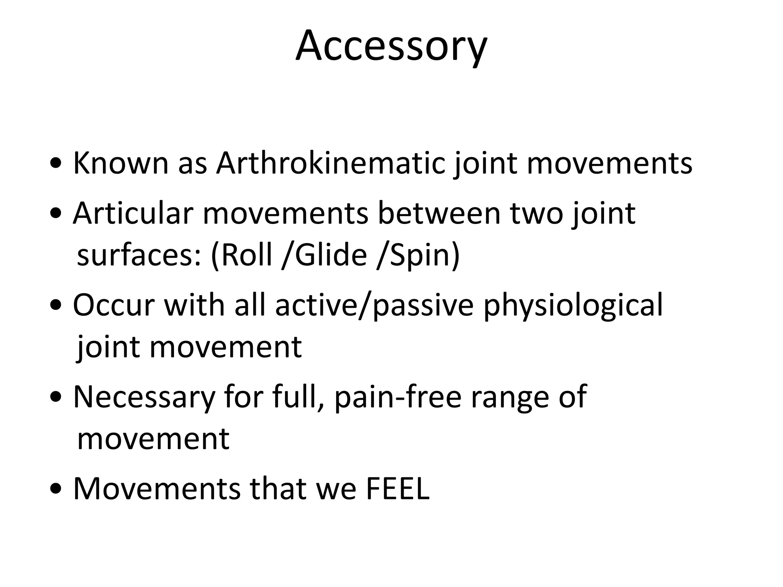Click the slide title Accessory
(391, 46)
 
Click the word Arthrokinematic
(330, 164)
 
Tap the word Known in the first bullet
(120, 164)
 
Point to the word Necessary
(144, 397)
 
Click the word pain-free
(398, 397)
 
